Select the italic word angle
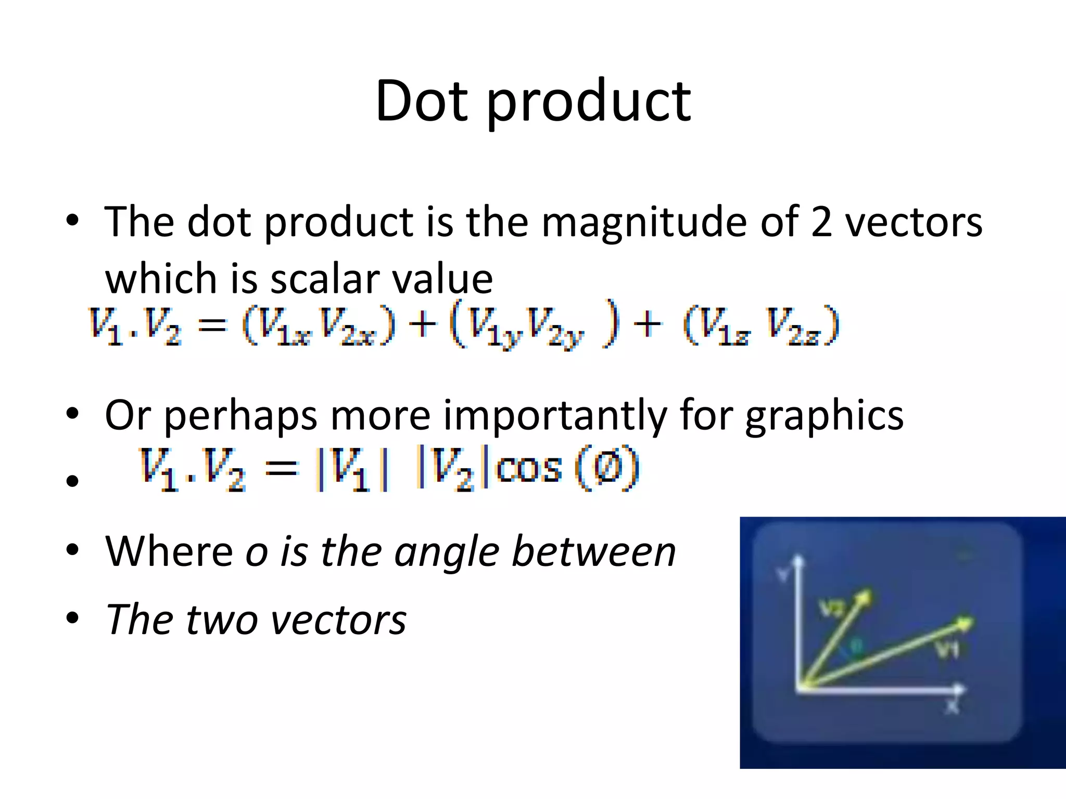pyautogui.click(x=447, y=552)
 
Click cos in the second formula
pyautogui.click(x=529, y=468)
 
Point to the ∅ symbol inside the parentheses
pyautogui.click(x=607, y=468)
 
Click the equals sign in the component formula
pyautogui.click(x=213, y=326)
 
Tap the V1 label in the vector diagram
pyautogui.click(x=947, y=649)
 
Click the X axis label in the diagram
pyautogui.click(x=952, y=707)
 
